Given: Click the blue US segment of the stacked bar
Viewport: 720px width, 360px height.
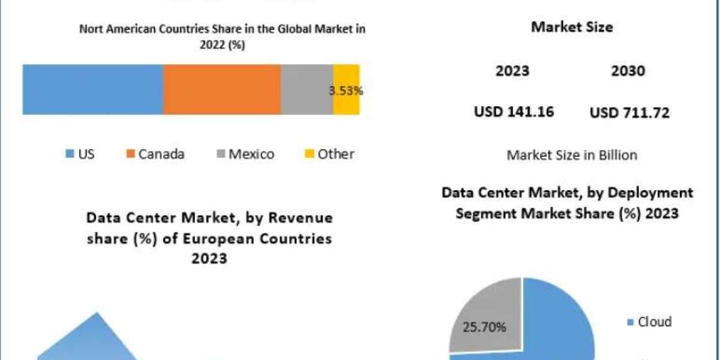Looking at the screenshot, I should click(93, 89).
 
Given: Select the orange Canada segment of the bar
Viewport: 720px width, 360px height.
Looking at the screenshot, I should click(222, 89).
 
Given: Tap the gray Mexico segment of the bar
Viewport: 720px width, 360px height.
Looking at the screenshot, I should click(307, 89).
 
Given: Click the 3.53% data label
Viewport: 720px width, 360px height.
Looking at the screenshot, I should click(346, 91).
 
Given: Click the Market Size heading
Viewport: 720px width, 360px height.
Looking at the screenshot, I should click(572, 28).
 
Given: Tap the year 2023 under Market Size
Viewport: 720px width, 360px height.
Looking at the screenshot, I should click(512, 71).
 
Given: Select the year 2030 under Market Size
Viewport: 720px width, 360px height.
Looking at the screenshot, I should click(628, 71).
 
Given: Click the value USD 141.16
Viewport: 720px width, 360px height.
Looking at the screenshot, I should click(514, 112).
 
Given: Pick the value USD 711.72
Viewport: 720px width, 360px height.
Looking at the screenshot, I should click(630, 112).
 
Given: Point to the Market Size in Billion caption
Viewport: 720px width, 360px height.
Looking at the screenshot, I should click(572, 155).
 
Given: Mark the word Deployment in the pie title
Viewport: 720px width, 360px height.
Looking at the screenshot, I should click(649, 193).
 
